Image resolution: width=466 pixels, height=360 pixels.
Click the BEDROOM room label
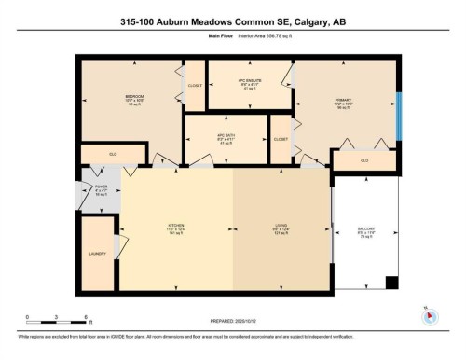coord(133,95)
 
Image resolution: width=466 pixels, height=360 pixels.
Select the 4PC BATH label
coord(226,134)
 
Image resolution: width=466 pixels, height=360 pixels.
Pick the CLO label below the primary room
coord(364,160)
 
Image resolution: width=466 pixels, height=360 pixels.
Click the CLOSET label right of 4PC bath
coord(280,138)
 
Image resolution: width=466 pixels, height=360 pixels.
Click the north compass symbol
coord(431,314)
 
